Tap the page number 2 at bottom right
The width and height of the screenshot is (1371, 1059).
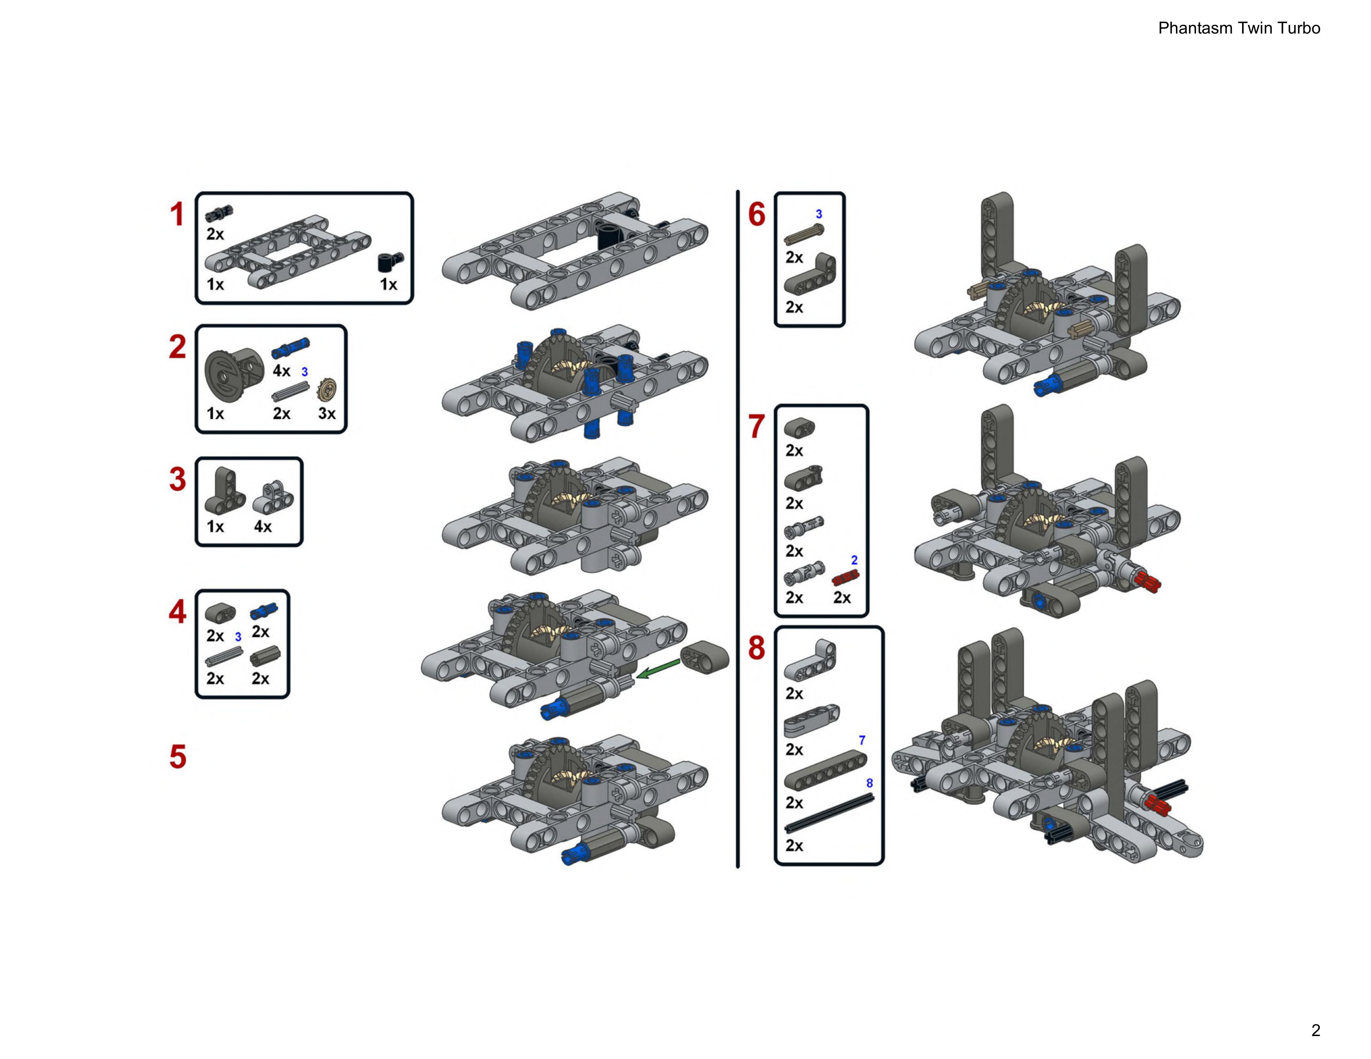[1315, 1030]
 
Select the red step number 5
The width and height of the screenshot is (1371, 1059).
[178, 756]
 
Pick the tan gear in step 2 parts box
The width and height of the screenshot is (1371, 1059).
[327, 390]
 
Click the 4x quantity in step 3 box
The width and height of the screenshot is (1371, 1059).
[263, 527]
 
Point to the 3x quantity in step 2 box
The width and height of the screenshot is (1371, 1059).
[326, 414]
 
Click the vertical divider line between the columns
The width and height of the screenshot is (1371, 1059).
[738, 527]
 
